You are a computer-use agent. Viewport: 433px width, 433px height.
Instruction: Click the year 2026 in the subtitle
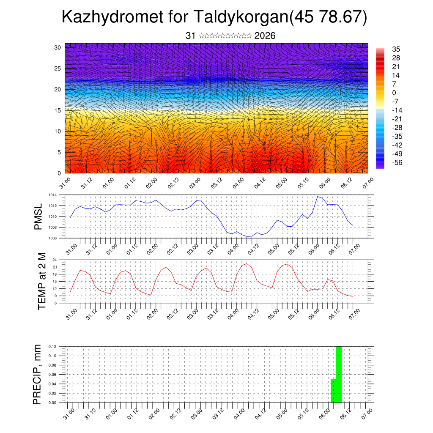pyautogui.click(x=265, y=36)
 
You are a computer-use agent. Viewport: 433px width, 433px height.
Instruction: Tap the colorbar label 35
pyautogui.click(x=396, y=49)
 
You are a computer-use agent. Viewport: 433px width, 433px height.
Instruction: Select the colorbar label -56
pyautogui.click(x=397, y=163)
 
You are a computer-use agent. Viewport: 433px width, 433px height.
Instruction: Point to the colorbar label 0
pyautogui.click(x=395, y=93)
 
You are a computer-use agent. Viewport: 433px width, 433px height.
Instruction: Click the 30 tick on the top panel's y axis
pyautogui.click(x=58, y=47)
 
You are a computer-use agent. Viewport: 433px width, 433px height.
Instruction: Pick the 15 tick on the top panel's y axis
pyautogui.click(x=58, y=110)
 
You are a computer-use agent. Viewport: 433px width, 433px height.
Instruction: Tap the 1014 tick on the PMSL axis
pyautogui.click(x=52, y=195)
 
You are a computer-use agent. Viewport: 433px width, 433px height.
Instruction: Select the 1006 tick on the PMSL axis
pyautogui.click(x=52, y=238)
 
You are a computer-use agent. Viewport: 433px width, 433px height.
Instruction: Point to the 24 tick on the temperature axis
pyautogui.click(x=55, y=260)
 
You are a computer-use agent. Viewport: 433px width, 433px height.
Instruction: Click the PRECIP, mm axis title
pyautogui.click(x=38, y=374)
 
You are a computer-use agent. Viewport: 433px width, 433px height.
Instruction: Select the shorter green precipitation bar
pyautogui.click(x=333, y=391)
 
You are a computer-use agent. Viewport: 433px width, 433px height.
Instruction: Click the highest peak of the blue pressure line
pyautogui.click(x=318, y=197)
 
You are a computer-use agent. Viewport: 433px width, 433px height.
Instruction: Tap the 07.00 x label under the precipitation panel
pyautogui.click(x=366, y=412)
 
